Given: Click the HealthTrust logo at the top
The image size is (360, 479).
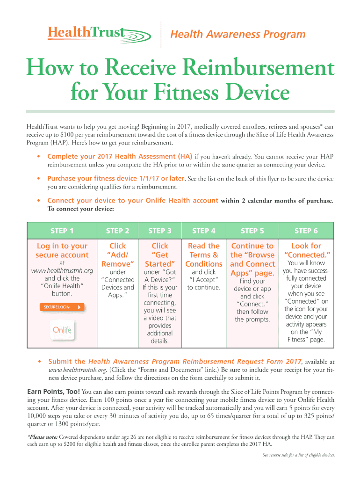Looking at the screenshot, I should pos(97,33).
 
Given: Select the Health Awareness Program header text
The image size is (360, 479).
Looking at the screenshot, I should pos(238,35).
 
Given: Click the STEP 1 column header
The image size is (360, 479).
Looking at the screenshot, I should pos(62,231).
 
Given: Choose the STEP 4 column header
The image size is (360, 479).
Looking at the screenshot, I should pos(204,231).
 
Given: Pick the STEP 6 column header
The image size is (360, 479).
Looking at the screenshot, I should pos(306,231).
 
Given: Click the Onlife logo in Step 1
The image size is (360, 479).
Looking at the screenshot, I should pos(62,330).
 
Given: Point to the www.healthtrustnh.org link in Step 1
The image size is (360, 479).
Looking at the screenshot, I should pos(62,271).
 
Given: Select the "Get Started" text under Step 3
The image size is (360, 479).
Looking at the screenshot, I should pos(160,259).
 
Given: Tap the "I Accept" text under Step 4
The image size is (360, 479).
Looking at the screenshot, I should pos(204,280).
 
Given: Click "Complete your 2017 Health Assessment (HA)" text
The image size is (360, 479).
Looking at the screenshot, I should pos(120,157).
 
